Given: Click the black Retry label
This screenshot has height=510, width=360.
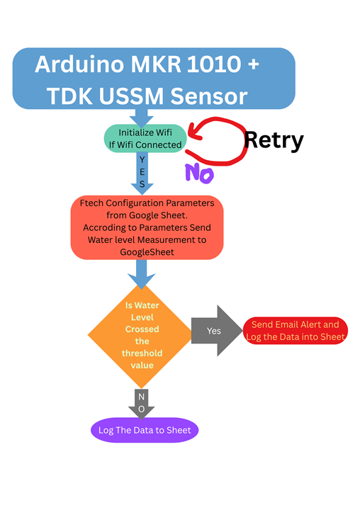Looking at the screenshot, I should coord(274,140).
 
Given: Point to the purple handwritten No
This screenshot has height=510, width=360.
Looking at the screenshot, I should coord(199,172).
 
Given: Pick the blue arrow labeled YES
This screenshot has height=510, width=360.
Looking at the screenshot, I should coord(142,173).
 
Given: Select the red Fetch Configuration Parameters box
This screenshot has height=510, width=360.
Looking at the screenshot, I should coord(147,227).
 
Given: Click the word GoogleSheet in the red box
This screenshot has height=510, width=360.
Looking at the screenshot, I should coord(147,251).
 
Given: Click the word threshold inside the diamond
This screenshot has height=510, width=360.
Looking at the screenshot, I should coord(142,353).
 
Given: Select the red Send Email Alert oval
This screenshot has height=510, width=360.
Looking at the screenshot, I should coord(295,331).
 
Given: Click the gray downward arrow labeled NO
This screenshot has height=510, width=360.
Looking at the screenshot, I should coord(141,402).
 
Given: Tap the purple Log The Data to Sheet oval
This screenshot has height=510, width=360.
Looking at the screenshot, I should coord(145,430).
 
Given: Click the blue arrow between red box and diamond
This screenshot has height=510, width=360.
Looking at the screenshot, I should coord(142,273).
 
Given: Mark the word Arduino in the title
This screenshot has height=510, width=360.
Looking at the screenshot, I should coord(76,64).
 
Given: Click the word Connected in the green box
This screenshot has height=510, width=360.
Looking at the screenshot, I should coord(159,144).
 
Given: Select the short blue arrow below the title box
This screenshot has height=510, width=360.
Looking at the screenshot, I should coord(142,118).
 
